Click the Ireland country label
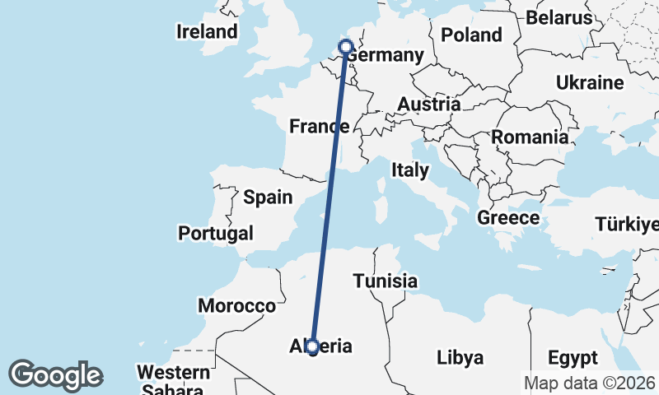coord(207,32)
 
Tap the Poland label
coord(471,35)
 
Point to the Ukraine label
coord(589,83)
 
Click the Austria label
coord(428,105)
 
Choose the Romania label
coord(530,137)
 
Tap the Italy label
coord(410,170)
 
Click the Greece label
coord(508,218)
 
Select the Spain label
coord(268,197)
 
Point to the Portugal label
coord(216,234)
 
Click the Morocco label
coord(236,306)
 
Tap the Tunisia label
coord(385,281)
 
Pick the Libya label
coord(460,358)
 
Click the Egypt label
coord(572,358)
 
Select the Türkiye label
coord(628,225)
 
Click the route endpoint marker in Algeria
coord(312,347)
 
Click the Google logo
coord(55,375)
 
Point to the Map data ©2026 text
coord(590,383)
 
